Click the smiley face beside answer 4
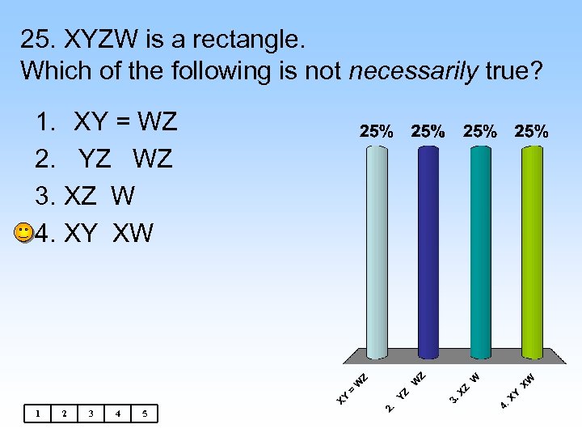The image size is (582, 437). [x=24, y=233]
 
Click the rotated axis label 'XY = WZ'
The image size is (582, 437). [x=353, y=388]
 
